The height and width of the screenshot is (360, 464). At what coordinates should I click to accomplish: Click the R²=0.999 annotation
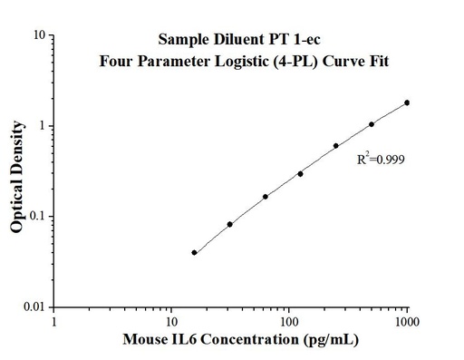(x=380, y=159)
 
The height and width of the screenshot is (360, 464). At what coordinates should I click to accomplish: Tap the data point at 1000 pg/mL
(x=407, y=102)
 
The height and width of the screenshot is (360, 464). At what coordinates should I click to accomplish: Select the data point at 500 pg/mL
(x=372, y=124)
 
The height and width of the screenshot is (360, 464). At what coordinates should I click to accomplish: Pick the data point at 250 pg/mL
(x=336, y=145)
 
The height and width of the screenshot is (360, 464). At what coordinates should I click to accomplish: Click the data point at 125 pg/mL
(x=300, y=173)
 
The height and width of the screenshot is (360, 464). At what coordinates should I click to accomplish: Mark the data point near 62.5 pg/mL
(x=266, y=196)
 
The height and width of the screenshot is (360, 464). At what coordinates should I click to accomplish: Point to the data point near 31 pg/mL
(x=230, y=224)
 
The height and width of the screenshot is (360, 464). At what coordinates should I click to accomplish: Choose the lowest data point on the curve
(x=195, y=252)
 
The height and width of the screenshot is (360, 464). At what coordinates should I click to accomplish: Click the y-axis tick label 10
(x=39, y=35)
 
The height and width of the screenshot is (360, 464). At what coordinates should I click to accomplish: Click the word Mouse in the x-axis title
(x=143, y=342)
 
